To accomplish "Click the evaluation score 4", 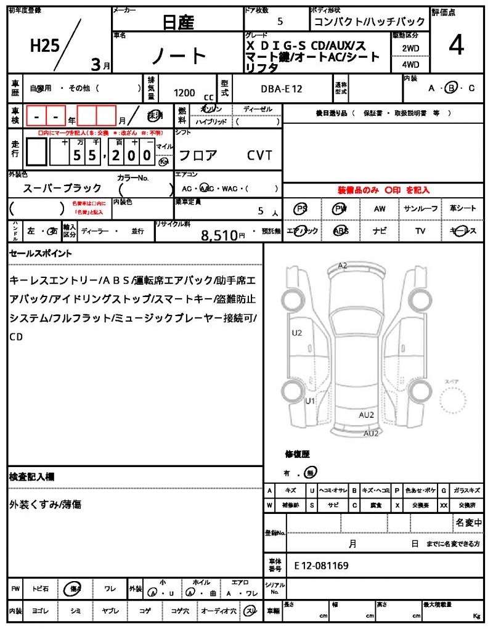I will [457, 46].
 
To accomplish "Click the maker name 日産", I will [178, 23].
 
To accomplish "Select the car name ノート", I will [179, 56].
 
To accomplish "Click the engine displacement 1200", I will [184, 93].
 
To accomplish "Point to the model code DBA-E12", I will [282, 89].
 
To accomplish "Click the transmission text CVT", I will [259, 155].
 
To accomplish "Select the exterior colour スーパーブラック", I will [62, 188].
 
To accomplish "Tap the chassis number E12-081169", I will [321, 565].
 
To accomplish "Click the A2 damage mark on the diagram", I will [343, 266].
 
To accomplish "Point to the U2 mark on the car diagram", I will [297, 333].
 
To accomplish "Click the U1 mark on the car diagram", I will [311, 401].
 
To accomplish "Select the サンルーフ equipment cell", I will [421, 209].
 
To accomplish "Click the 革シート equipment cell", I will [462, 209].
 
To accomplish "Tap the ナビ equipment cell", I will [380, 231].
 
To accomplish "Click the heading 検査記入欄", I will [31, 477].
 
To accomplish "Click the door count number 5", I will [280, 22].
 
